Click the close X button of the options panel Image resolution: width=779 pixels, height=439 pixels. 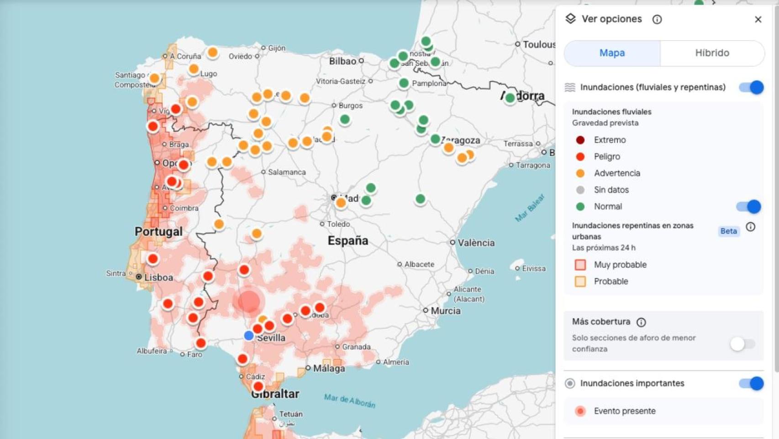(x=758, y=19)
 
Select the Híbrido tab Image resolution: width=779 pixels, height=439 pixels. (x=712, y=53)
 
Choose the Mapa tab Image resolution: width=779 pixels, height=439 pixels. (x=612, y=53)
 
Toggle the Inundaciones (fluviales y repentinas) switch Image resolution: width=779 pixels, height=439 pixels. (x=751, y=87)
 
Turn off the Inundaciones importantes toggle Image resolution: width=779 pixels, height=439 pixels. (x=751, y=383)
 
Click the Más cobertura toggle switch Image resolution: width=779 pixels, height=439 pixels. (x=742, y=343)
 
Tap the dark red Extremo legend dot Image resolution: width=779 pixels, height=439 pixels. (x=580, y=140)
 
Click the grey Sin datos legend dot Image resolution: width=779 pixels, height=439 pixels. (x=580, y=190)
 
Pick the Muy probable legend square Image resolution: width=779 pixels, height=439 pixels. (x=580, y=265)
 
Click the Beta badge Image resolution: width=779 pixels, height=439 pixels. (x=728, y=231)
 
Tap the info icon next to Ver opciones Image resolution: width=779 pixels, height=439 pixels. (x=657, y=19)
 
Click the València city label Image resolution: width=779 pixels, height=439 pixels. (x=476, y=243)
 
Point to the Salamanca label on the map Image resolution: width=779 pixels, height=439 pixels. (x=287, y=172)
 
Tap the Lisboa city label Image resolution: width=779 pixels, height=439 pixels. (x=158, y=277)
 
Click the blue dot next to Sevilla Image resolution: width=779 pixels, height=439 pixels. (x=249, y=336)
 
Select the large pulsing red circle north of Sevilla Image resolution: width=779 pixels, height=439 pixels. (x=248, y=301)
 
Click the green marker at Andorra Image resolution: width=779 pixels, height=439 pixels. (x=510, y=98)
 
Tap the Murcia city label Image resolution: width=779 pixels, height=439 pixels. (x=445, y=311)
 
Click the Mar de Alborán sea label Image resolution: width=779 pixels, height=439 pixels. (x=350, y=401)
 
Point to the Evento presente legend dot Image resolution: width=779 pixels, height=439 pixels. (x=580, y=411)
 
